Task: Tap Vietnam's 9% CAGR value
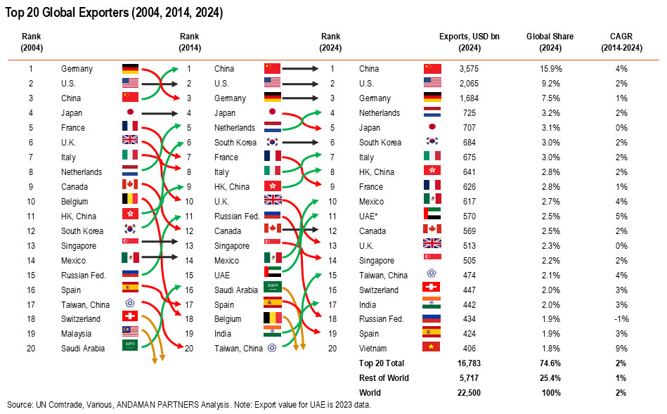[x=621, y=348]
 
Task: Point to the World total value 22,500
[x=469, y=392]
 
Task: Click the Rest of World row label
[x=384, y=377]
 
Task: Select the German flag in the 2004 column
[x=130, y=69]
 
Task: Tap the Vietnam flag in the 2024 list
[x=432, y=348]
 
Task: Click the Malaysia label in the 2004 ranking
[x=77, y=333]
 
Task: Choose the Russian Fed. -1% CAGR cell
[x=621, y=318]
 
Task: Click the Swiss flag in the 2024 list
[x=432, y=289]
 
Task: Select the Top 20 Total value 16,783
[x=469, y=363]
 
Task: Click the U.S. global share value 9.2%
[x=552, y=84]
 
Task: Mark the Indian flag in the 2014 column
[x=272, y=333]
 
